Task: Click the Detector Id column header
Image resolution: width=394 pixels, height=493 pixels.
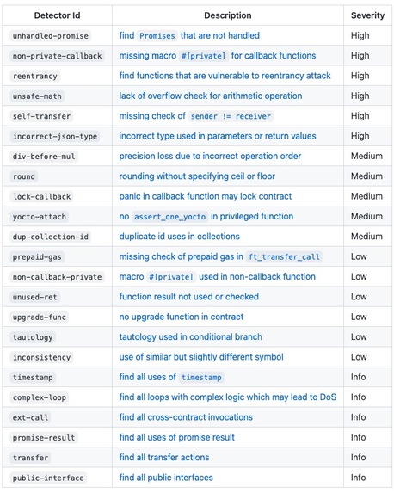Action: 56,15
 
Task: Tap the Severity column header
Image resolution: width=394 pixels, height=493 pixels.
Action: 367,15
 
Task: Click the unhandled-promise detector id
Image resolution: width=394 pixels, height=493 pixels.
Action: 51,36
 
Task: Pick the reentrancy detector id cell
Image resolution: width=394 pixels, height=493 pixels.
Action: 34,77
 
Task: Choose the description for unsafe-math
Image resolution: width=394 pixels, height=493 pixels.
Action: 211,96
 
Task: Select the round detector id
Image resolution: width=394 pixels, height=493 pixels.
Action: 25,176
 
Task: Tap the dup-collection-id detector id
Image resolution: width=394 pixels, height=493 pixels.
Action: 51,237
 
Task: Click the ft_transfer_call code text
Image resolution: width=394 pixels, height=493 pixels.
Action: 283,256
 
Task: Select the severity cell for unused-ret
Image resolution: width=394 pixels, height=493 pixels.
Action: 360,297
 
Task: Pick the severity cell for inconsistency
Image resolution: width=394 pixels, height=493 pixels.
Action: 360,357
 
